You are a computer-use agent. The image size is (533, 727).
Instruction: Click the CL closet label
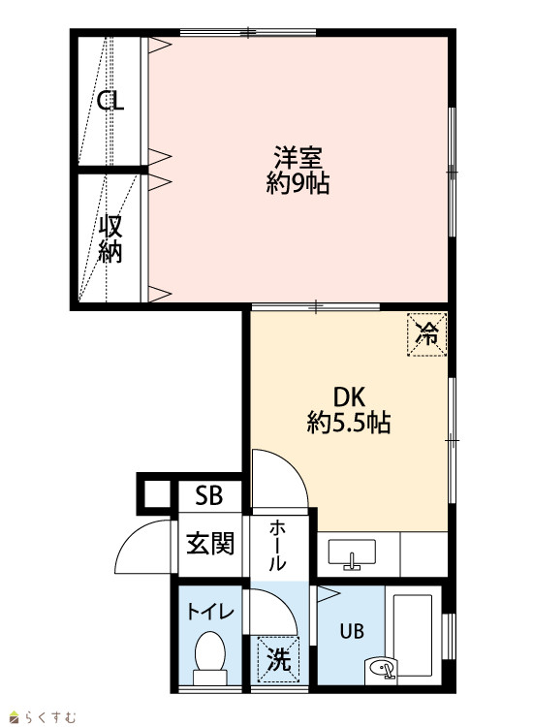[x=110, y=101]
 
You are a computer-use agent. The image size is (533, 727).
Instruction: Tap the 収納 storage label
[x=110, y=239]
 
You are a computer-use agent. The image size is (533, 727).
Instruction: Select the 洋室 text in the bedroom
[x=298, y=158]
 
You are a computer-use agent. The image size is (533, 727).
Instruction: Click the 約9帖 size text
[x=298, y=182]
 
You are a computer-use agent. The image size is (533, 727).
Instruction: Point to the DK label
[x=350, y=397]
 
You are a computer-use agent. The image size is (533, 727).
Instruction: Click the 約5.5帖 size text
[x=349, y=423]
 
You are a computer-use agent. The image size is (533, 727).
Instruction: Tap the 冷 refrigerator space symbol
[x=426, y=334]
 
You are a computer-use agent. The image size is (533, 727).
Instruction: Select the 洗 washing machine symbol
[x=278, y=659]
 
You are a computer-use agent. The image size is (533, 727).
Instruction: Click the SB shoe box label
[x=209, y=495]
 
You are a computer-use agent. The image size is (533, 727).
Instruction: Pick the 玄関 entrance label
[x=210, y=544]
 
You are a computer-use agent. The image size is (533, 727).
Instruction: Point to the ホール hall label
[x=277, y=545]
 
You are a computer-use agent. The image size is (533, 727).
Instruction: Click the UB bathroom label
[x=352, y=631]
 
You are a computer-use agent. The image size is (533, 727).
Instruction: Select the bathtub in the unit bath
[x=413, y=635]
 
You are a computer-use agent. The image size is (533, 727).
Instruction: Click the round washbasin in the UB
[x=381, y=669]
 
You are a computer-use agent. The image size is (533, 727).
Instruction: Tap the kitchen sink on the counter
[x=352, y=553]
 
